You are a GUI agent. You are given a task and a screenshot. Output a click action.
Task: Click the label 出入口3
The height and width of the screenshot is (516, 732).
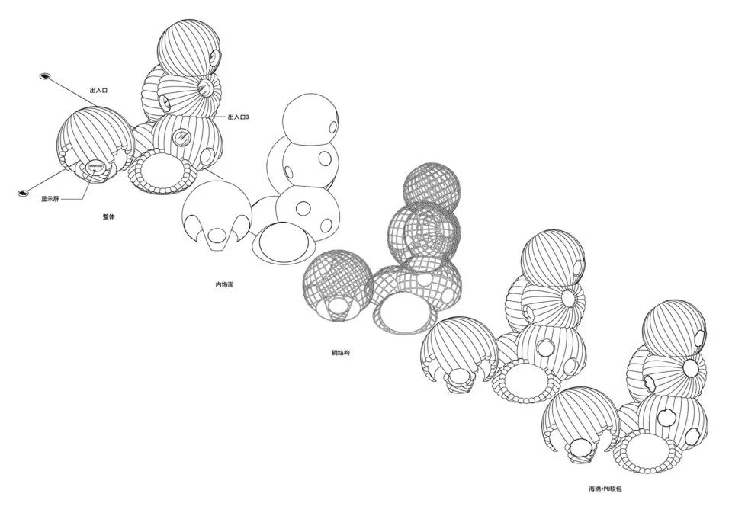[238, 117]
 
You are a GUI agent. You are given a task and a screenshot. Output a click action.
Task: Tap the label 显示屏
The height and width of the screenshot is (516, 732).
[50, 199]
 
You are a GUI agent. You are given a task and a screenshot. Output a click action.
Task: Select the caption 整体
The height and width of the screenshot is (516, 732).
[108, 217]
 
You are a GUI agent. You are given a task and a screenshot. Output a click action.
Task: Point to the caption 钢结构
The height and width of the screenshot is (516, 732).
[340, 353]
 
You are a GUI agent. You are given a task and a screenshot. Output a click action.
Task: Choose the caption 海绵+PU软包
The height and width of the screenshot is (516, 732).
[605, 489]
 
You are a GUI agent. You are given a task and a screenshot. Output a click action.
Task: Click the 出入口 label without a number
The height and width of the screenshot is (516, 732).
[98, 90]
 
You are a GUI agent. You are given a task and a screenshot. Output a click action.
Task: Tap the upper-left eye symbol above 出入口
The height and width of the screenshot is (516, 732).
[44, 76]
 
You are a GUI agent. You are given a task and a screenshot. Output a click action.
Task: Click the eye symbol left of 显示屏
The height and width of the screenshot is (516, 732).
[22, 193]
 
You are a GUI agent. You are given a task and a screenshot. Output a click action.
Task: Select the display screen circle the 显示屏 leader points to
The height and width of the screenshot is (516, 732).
[96, 165]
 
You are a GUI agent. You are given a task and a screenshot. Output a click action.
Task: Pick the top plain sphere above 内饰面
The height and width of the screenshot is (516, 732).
[310, 120]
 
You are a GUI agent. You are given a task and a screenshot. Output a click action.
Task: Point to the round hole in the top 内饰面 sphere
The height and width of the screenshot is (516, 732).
[333, 127]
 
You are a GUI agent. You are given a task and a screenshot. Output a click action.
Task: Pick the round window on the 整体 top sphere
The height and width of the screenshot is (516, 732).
[215, 58]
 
